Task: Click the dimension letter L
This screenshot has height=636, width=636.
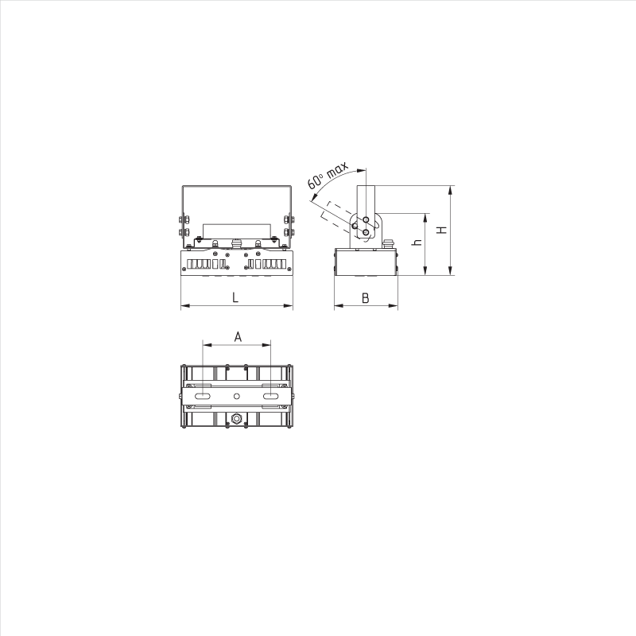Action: pyautogui.click(x=235, y=297)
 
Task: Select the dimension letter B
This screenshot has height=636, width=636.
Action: pyautogui.click(x=365, y=298)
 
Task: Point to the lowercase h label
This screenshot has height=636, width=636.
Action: pyautogui.click(x=417, y=242)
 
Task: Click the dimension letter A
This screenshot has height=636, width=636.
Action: pyautogui.click(x=238, y=336)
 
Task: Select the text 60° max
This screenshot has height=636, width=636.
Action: pyautogui.click(x=328, y=175)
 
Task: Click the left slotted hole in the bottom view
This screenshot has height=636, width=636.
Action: pyautogui.click(x=203, y=396)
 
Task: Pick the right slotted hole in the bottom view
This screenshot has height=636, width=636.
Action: pyautogui.click(x=270, y=396)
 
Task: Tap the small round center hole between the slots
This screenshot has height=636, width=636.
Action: pyautogui.click(x=236, y=396)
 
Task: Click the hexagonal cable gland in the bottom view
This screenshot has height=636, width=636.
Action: pyautogui.click(x=236, y=418)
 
